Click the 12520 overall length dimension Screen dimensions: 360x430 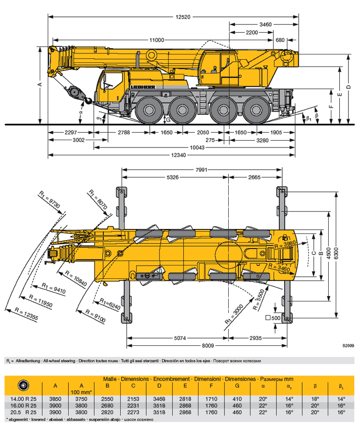[183, 17]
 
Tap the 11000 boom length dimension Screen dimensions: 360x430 [157, 40]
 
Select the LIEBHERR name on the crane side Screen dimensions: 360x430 [143, 87]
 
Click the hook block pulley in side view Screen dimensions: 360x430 [75, 92]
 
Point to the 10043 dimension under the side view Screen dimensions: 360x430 [197, 148]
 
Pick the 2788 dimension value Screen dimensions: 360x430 [124, 132]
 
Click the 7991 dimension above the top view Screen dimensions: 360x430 [201, 170]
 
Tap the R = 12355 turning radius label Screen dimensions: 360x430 [26, 314]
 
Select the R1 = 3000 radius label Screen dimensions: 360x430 [234, 314]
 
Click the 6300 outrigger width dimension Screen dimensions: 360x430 [336, 253]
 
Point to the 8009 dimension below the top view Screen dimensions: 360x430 [208, 345]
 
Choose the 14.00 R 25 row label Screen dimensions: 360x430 [23, 399]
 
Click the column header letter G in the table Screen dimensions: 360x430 [237, 386]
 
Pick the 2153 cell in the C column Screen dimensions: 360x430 [133, 399]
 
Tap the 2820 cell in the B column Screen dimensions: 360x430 [107, 412]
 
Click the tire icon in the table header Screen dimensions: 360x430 [23, 385]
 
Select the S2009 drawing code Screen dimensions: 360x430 [348, 345]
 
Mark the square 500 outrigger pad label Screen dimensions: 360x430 [273, 318]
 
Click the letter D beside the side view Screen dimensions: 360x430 [348, 87]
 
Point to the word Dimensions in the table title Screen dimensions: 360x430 [135, 379]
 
